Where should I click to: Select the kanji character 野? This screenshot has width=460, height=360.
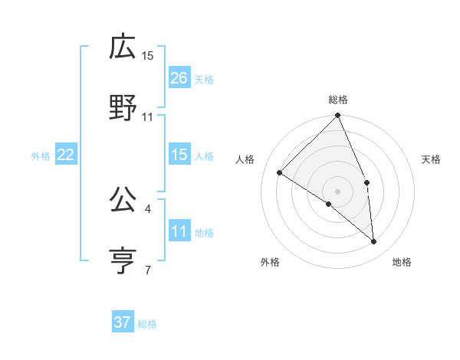(123, 108)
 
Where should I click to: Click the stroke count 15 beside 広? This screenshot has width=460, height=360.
(148, 56)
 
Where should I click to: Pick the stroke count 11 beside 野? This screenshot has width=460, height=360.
(148, 117)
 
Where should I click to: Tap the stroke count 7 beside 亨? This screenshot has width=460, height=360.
(148, 270)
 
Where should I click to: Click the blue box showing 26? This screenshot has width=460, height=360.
(179, 78)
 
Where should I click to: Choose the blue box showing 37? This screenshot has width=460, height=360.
(123, 322)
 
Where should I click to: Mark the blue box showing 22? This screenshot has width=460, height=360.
(66, 155)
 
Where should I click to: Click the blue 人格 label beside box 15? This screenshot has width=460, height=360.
(204, 155)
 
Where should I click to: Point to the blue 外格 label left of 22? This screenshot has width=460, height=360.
(41, 156)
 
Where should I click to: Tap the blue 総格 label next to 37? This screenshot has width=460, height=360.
(147, 324)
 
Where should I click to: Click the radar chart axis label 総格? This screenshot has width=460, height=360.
(338, 100)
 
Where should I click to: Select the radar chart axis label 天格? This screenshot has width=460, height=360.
(431, 159)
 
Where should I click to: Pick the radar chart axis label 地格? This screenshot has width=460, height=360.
(402, 262)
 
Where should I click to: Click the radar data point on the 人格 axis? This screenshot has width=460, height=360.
(280, 173)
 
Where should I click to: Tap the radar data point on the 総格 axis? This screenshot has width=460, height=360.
(338, 116)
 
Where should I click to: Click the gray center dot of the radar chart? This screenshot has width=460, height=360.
(338, 191)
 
